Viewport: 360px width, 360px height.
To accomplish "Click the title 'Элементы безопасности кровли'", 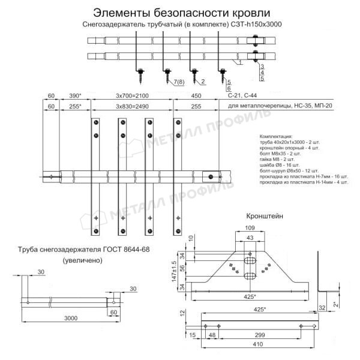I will click(x=179, y=11).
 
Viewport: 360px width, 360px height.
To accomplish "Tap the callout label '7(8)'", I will click(x=179, y=82).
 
